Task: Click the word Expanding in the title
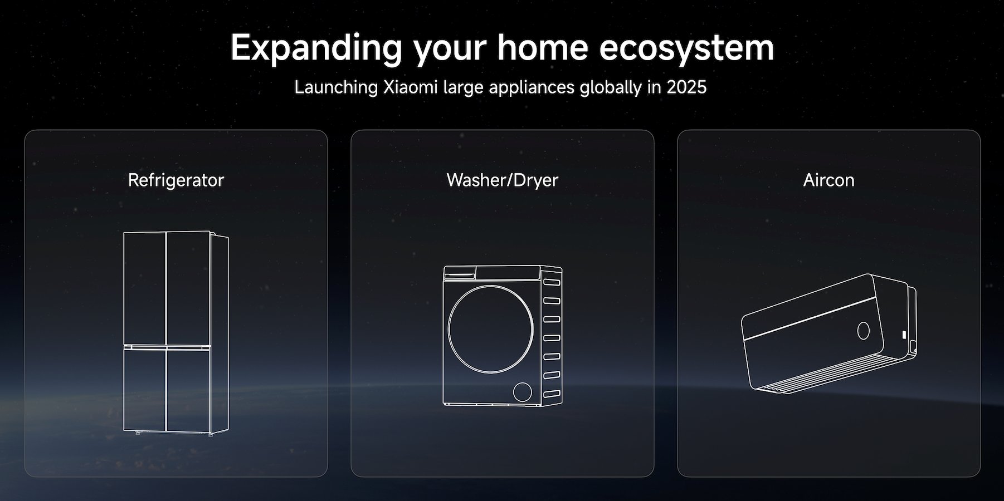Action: (x=316, y=48)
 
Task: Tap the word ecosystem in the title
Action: (x=686, y=48)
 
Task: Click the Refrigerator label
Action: (x=176, y=180)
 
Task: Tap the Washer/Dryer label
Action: (x=502, y=180)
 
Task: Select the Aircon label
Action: (x=828, y=180)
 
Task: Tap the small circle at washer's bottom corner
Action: (x=523, y=391)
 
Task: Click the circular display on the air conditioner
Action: (x=863, y=331)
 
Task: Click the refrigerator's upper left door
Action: (x=145, y=289)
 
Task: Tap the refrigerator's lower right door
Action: (x=188, y=390)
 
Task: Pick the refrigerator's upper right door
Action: (x=188, y=288)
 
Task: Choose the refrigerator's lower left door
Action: (x=145, y=389)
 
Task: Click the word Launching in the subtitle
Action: (x=337, y=88)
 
